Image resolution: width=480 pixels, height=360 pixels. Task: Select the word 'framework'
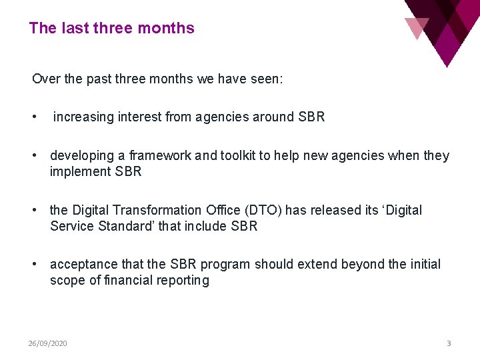tap(159, 156)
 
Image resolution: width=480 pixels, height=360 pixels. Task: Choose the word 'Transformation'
tap(155, 210)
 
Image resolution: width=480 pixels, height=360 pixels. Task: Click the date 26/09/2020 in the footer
tap(47, 343)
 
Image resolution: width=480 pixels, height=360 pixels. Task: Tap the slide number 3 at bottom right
tap(449, 343)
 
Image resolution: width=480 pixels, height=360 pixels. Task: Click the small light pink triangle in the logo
tap(416, 26)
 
